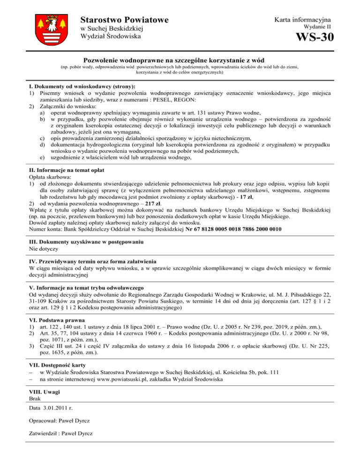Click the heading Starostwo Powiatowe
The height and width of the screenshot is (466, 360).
pyautogui.click(x=124, y=20)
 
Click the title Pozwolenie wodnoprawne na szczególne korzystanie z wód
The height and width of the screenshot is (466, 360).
pyautogui.click(x=180, y=61)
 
